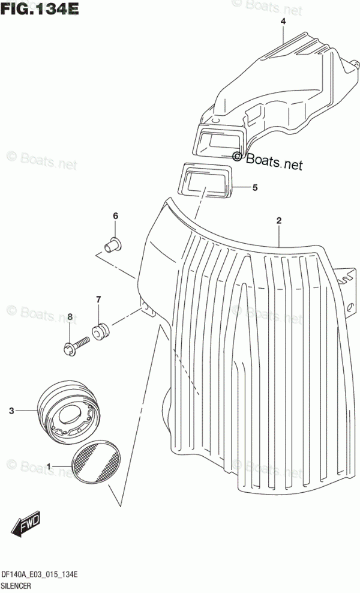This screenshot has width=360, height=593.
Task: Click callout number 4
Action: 283,22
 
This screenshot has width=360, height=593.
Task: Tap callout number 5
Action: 254,188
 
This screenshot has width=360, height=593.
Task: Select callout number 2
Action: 278,221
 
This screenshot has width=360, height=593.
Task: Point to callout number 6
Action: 116,216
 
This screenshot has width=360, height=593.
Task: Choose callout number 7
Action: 98,300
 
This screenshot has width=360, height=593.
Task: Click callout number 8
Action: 70,316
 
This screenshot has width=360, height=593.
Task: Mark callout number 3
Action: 11,411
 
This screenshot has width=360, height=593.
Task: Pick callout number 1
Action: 49,465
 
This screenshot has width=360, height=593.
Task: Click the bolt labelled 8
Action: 74,345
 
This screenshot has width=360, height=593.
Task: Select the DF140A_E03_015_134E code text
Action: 40,575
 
